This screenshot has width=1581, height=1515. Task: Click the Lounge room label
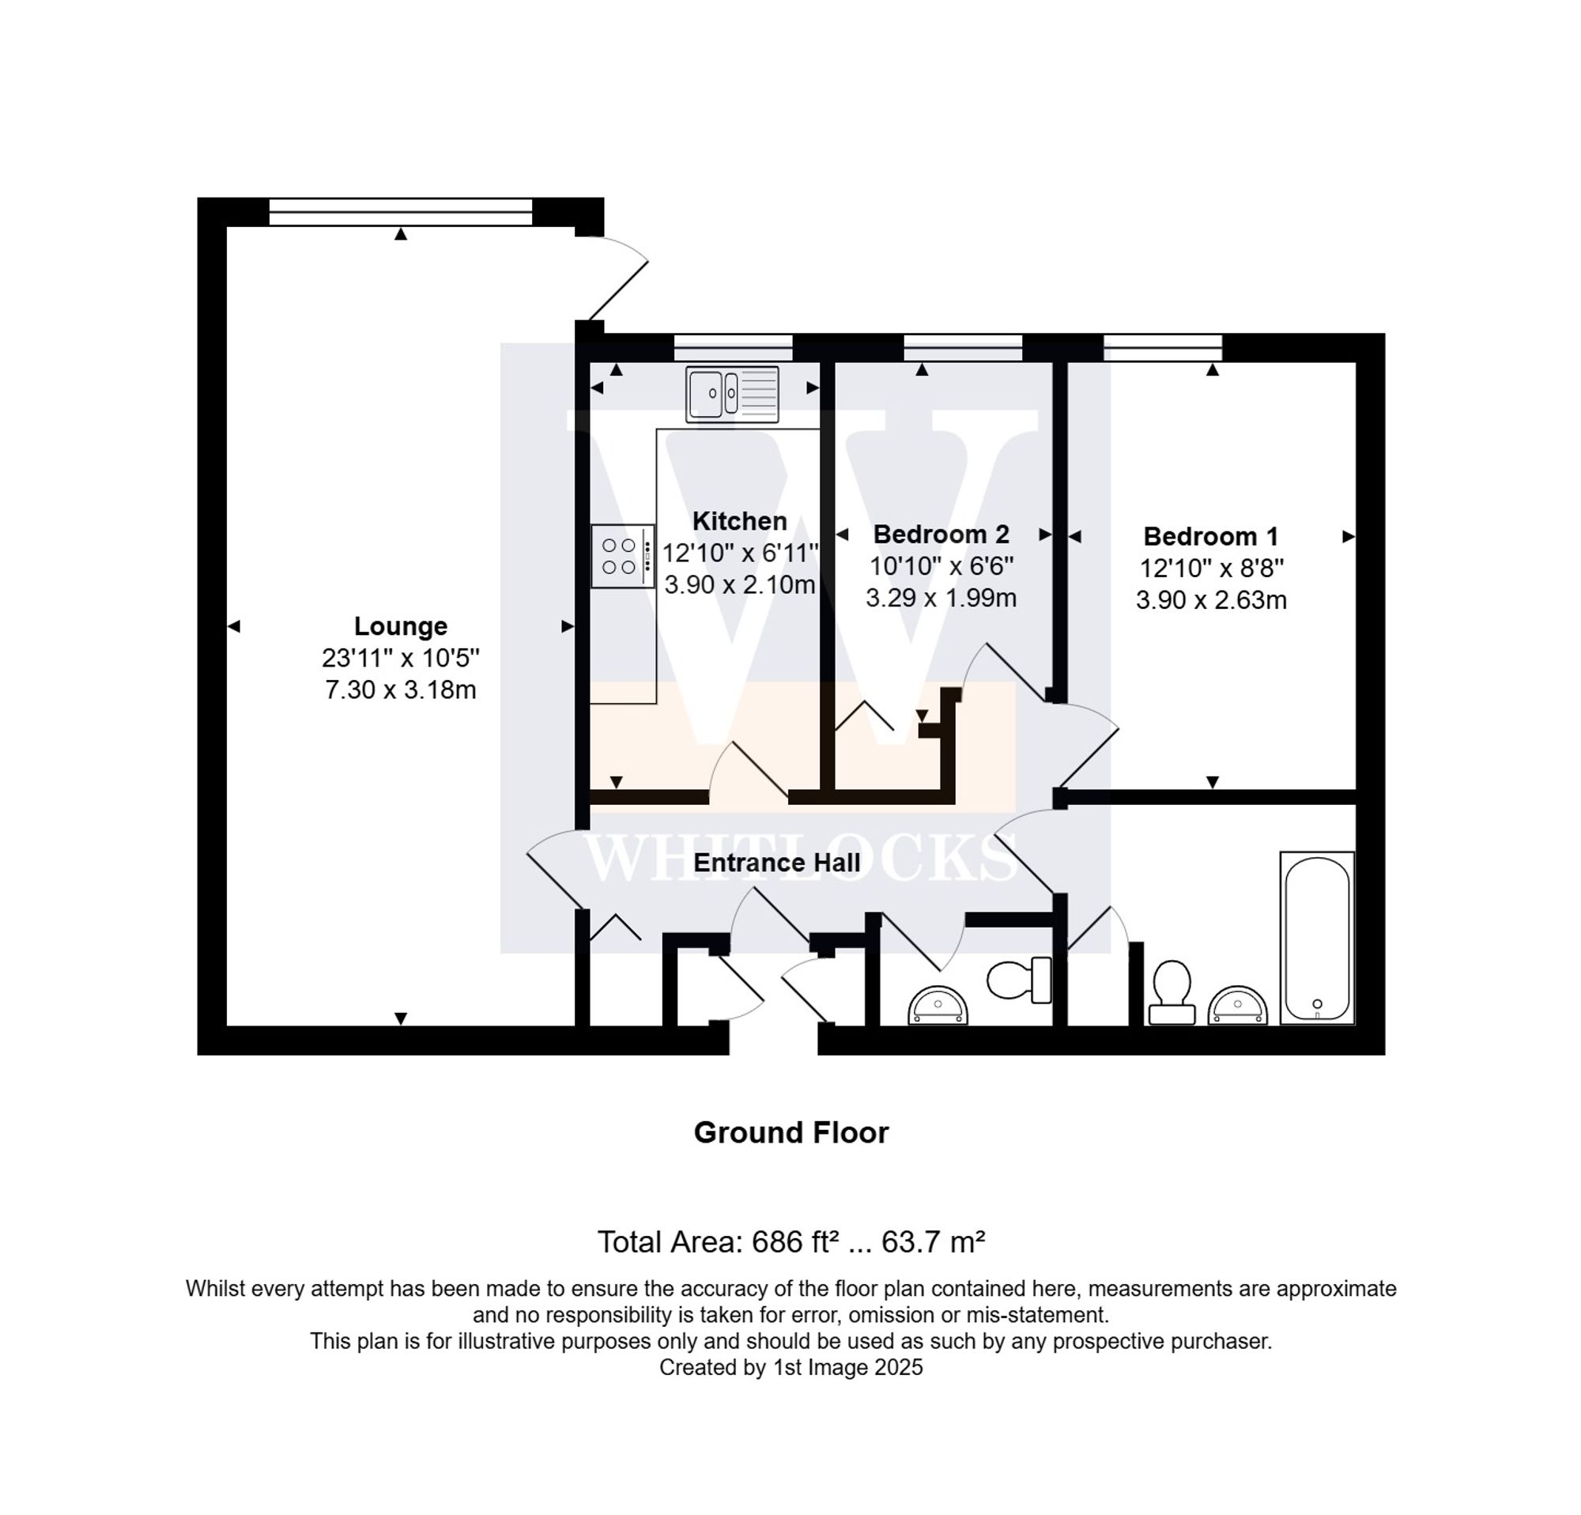click(400, 626)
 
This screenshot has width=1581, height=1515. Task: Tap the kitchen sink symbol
click(732, 394)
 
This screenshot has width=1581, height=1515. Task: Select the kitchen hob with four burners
click(622, 556)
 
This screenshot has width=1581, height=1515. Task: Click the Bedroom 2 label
click(941, 534)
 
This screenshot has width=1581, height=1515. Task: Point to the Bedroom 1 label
click(1210, 536)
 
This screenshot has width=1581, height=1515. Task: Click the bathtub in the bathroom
click(1316, 939)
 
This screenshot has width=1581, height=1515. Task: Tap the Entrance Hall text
click(776, 863)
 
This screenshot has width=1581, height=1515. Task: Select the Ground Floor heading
click(790, 1132)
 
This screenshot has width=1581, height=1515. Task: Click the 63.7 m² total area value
click(933, 1241)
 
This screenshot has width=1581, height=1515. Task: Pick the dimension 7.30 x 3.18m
click(400, 689)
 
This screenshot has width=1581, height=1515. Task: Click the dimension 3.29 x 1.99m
click(941, 598)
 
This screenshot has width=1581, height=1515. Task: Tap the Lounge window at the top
click(400, 212)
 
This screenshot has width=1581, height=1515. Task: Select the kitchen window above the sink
click(733, 348)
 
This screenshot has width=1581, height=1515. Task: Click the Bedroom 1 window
click(1162, 348)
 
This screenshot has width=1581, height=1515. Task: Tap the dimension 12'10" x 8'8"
click(1210, 568)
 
